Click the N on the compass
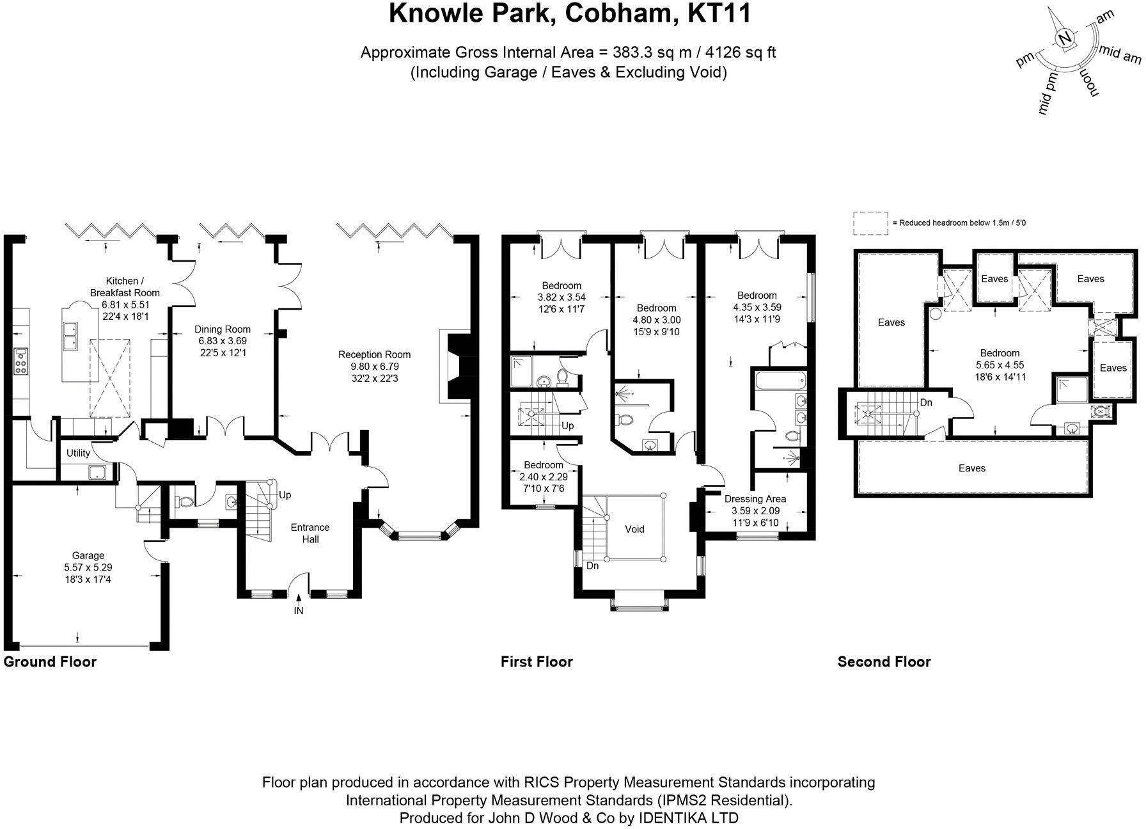click(1064, 39)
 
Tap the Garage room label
click(88, 555)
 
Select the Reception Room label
click(374, 354)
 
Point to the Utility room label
click(79, 453)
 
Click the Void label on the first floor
click(634, 529)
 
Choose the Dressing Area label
click(755, 499)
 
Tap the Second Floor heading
click(884, 662)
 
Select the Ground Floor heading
click(50, 662)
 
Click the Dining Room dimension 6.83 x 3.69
click(222, 342)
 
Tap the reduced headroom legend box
click(870, 223)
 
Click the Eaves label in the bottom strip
click(971, 468)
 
